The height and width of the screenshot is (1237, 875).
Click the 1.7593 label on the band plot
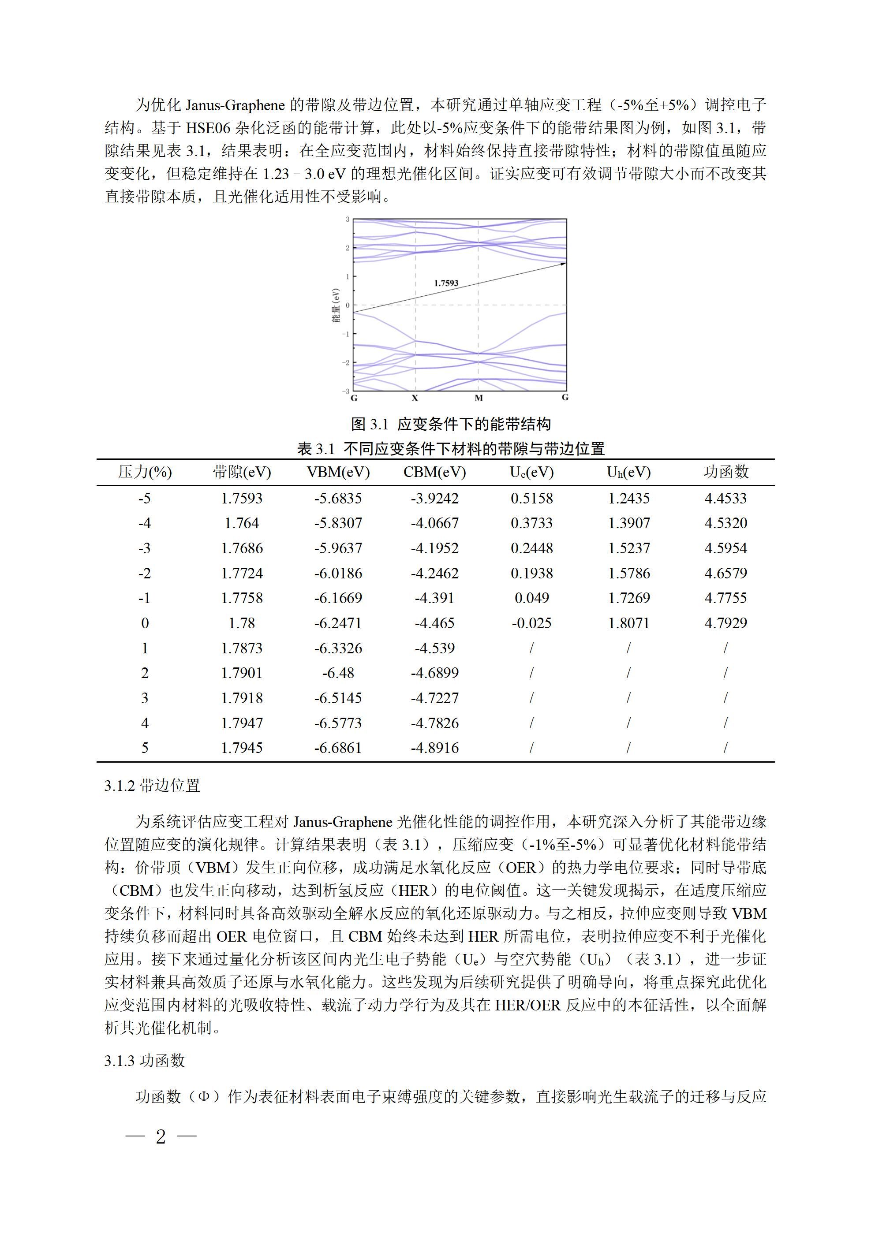coord(446,283)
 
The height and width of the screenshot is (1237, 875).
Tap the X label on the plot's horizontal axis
coord(415,398)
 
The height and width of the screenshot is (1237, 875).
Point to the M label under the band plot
coord(478,398)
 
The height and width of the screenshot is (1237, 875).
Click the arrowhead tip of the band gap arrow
coord(565,264)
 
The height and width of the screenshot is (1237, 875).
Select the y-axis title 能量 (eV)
coord(336,306)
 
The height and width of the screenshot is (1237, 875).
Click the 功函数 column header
coord(725,472)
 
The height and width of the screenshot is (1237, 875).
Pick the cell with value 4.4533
coord(725,498)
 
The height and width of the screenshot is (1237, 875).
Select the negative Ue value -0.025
coord(531,623)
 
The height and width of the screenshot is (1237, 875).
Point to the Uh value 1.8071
coord(628,623)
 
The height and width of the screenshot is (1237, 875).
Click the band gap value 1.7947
coord(242,723)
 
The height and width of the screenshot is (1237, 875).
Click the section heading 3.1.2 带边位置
coord(153,786)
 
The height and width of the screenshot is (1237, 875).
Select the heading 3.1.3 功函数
coord(145,1060)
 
